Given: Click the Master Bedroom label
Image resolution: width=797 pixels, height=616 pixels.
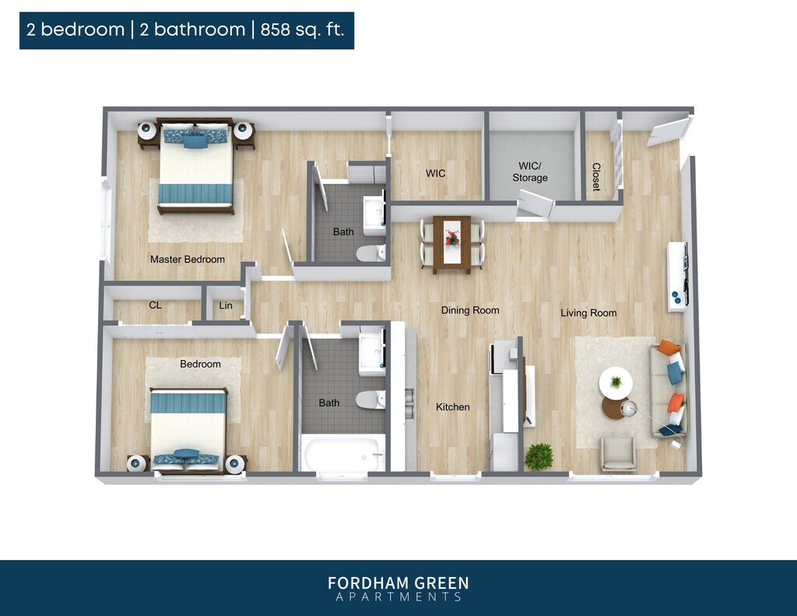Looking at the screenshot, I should (188, 259).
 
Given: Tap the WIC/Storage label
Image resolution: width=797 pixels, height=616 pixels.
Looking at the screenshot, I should (530, 172).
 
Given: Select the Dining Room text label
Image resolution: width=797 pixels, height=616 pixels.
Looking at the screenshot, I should (470, 310).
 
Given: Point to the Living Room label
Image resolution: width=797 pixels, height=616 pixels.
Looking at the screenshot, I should (588, 313).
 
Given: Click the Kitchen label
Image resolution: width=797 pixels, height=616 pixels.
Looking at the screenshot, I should (452, 407).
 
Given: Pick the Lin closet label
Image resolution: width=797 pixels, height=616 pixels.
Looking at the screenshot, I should (225, 305).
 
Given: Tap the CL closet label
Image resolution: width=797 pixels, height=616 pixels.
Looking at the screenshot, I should (155, 305).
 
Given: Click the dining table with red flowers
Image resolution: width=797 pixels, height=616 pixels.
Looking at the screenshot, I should (452, 243).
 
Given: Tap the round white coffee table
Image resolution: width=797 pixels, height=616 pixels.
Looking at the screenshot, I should (616, 382).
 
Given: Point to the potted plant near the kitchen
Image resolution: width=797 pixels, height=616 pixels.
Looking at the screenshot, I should (539, 456).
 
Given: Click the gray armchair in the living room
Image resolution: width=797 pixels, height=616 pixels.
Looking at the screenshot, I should (618, 453).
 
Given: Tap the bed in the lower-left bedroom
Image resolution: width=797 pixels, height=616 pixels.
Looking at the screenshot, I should (188, 428).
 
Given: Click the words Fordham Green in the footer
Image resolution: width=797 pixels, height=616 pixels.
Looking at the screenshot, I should (398, 583).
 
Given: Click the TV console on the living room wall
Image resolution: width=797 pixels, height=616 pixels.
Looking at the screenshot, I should (676, 276).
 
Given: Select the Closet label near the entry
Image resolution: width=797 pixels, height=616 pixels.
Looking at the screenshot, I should (596, 177).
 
